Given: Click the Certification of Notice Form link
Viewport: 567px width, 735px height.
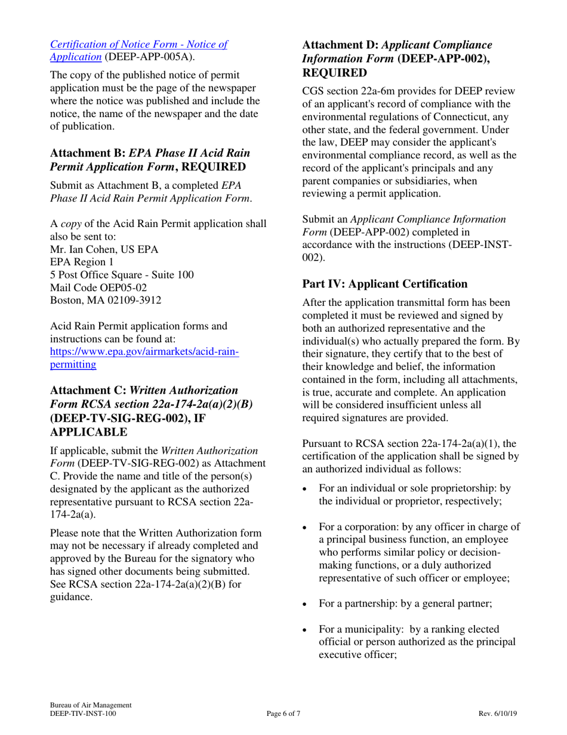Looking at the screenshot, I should [138, 44].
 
